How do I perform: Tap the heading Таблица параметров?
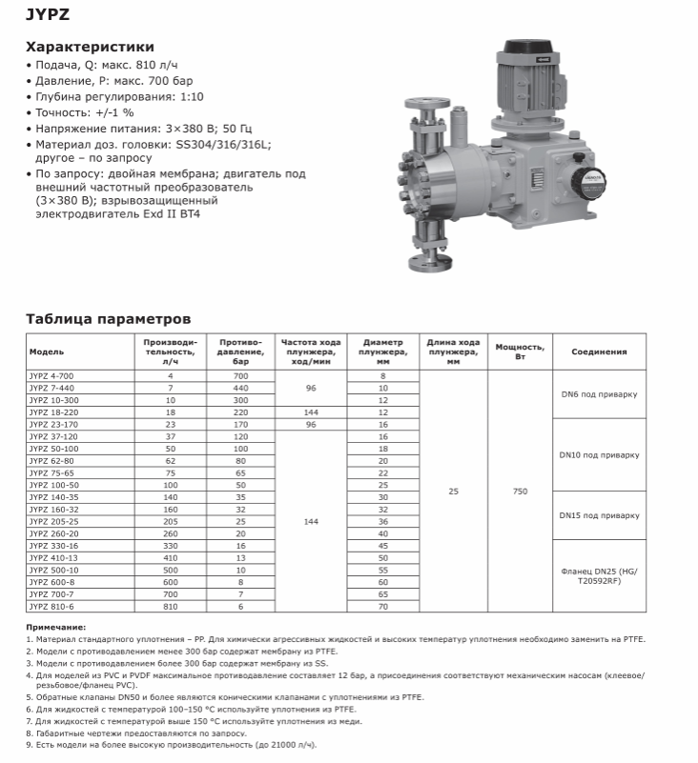[x=108, y=318]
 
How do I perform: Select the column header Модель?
[x=47, y=351]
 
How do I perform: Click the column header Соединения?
[x=599, y=351]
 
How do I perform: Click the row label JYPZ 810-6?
[x=51, y=606]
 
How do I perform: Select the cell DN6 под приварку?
[x=599, y=393]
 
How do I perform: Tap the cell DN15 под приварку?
[x=599, y=515]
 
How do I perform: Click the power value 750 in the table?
[x=520, y=492]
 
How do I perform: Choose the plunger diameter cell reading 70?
[x=383, y=606]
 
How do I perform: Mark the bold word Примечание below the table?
[x=55, y=628]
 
